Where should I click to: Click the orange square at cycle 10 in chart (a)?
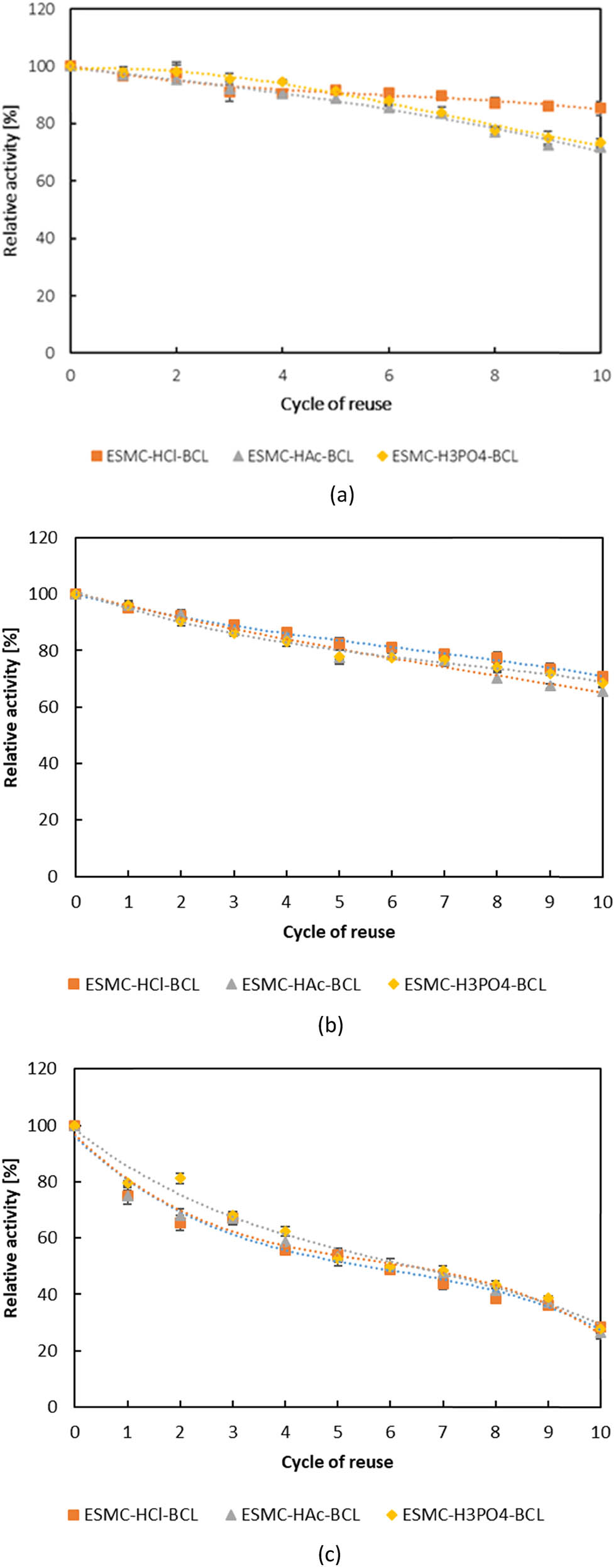coord(600,108)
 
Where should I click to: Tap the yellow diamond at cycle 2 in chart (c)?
coord(180,1178)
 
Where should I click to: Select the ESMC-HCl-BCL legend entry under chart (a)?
coord(150,456)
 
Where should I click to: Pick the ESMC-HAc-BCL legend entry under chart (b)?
coord(294,985)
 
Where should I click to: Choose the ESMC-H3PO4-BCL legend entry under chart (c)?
coord(465,1515)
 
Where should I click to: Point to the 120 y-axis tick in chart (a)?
coord(41,9)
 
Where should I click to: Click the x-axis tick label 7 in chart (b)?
coord(444,902)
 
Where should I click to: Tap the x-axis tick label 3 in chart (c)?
coord(233,1432)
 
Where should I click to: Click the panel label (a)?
coord(342,495)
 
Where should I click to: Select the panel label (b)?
coord(331,1025)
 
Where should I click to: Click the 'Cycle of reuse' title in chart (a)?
coord(336,404)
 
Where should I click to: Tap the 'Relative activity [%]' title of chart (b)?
coord(11,707)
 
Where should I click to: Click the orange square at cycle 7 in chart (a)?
coord(441,96)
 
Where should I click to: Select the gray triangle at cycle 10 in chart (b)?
coord(602,692)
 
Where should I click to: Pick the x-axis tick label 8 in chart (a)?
coord(495,376)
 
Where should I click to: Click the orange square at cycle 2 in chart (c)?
coord(180,1223)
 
